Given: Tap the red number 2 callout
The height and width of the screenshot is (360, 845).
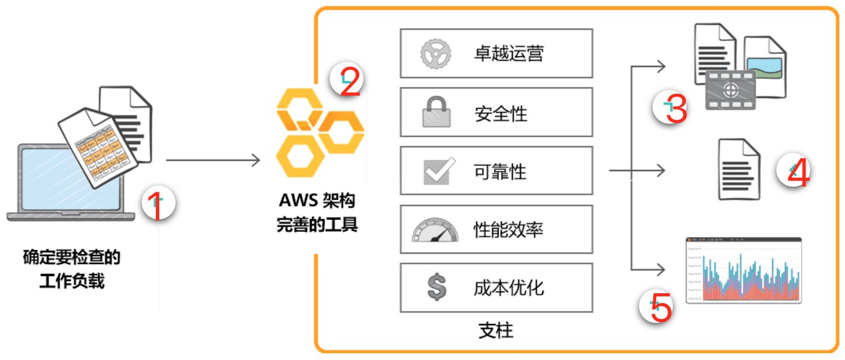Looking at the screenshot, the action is coord(348,80).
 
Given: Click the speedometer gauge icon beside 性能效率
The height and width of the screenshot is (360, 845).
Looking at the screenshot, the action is coord(434,229).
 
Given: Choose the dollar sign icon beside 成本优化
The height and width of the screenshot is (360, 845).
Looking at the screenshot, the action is coord(437,287).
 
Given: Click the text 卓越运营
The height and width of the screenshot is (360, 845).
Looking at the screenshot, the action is coord(509,54).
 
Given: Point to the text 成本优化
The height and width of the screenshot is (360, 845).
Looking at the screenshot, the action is coord(509,288).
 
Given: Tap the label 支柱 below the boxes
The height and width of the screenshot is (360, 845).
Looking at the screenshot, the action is coord(496,330).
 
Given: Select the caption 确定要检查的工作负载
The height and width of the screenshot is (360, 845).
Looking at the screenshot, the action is coord(71,269).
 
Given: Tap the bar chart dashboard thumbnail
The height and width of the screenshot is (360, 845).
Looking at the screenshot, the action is coord(744,270).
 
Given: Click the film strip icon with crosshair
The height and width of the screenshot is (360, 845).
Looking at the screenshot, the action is coord(730,89).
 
